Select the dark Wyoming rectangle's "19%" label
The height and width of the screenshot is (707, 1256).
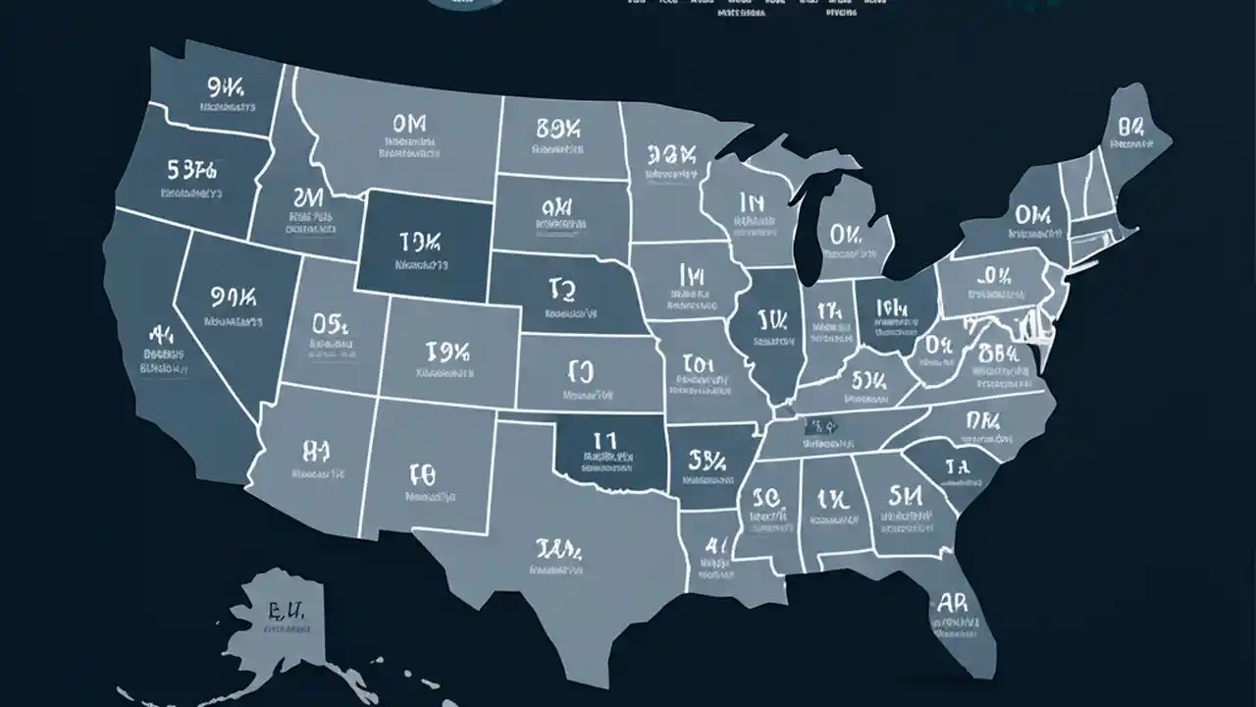(x=420, y=242)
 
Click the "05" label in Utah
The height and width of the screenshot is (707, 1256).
(x=332, y=323)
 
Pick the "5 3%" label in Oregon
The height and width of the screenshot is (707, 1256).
(x=191, y=169)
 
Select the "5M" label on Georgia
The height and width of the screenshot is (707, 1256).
(x=905, y=493)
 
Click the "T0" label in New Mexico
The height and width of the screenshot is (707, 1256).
(x=422, y=476)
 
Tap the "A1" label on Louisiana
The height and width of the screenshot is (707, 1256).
(x=717, y=544)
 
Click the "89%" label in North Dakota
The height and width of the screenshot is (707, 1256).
(x=559, y=129)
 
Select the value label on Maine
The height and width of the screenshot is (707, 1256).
(x=1130, y=127)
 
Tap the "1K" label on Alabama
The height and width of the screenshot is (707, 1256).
(x=831, y=496)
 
